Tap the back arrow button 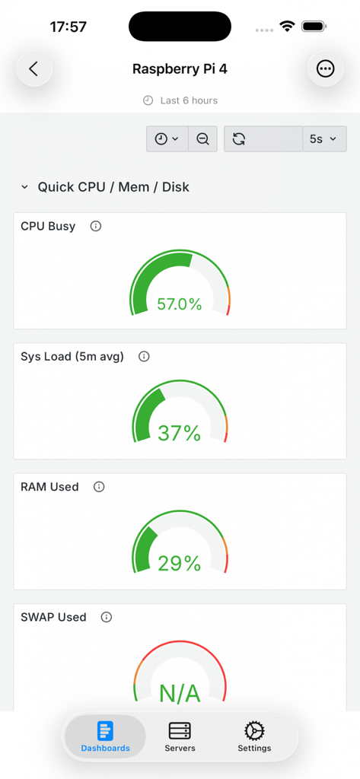pos(34,69)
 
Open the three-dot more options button pos(325,69)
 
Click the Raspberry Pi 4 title pos(180,69)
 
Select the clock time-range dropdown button pos(167,139)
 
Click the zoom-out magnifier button pos(202,139)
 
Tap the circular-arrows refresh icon pos(239,139)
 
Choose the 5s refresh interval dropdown pos(323,139)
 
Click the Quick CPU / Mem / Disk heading pos(113,187)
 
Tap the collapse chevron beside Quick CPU pos(24,187)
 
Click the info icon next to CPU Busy pos(96,226)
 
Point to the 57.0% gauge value pos(180,304)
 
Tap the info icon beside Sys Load pos(144,356)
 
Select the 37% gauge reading pos(180,434)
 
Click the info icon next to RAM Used pos(99,487)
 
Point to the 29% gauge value pos(180,564)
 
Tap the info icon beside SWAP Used pos(107,617)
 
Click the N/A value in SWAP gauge pos(180,693)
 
